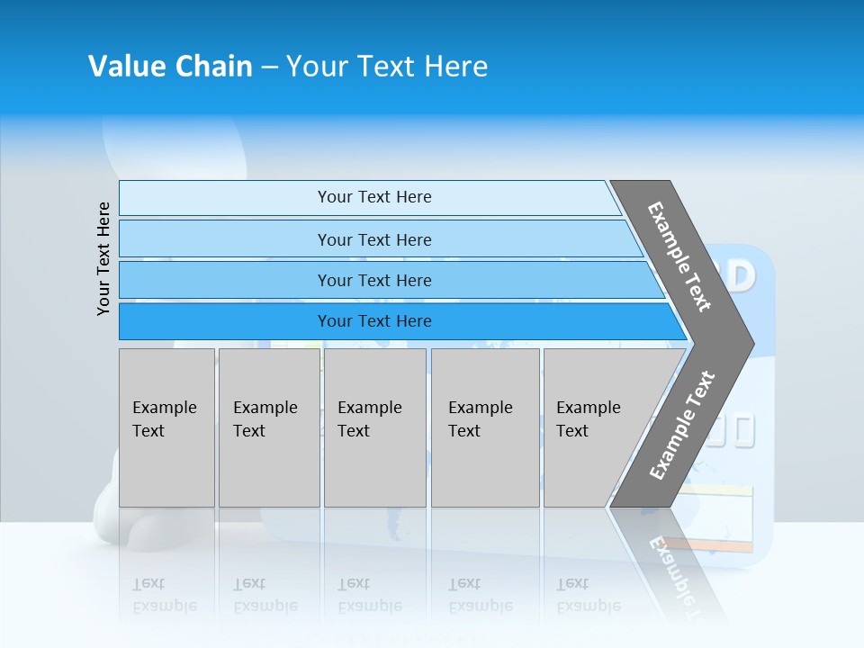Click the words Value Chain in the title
[170, 67]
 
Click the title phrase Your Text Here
[387, 67]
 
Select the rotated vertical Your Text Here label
[103, 258]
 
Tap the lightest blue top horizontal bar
[373, 197]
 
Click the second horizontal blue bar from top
[373, 239]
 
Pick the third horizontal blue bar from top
[373, 280]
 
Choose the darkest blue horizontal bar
[373, 321]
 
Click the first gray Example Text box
[166, 427]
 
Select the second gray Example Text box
[268, 427]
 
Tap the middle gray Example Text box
[374, 427]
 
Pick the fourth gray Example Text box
[485, 427]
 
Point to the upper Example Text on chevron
[679, 256]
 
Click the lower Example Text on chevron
[681, 426]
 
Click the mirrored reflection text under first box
[166, 594]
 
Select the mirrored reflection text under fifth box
[589, 594]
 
